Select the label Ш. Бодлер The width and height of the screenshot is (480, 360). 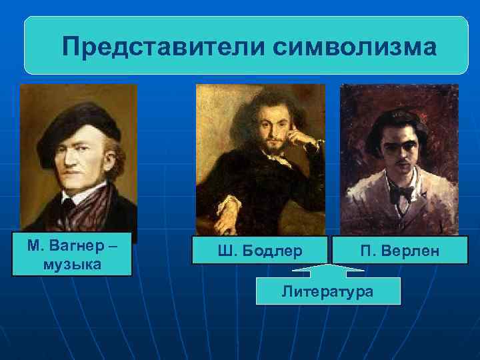(260, 251)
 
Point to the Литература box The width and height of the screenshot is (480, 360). (328, 291)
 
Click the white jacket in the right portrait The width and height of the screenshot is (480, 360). (373, 213)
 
